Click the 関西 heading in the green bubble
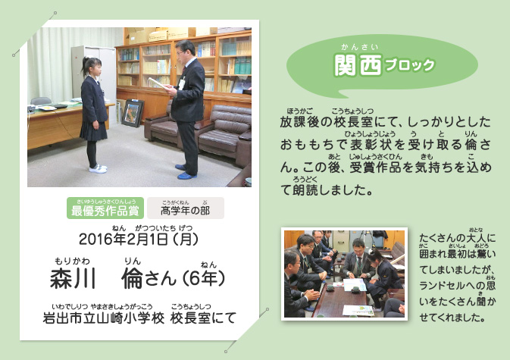click(x=358, y=65)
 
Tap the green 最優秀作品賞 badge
click(x=105, y=208)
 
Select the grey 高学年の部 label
click(x=186, y=208)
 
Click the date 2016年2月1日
click(x=124, y=239)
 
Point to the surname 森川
click(x=73, y=279)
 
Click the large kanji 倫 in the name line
click(x=132, y=279)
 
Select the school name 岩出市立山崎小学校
click(x=104, y=318)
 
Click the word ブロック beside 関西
click(x=410, y=65)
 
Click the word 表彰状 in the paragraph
click(x=370, y=145)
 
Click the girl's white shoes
click(x=98, y=168)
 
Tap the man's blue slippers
click(x=186, y=172)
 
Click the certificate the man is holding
click(x=158, y=83)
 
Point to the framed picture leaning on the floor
click(x=133, y=112)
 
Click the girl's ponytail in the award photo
click(x=86, y=64)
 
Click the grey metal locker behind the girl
click(x=94, y=74)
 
